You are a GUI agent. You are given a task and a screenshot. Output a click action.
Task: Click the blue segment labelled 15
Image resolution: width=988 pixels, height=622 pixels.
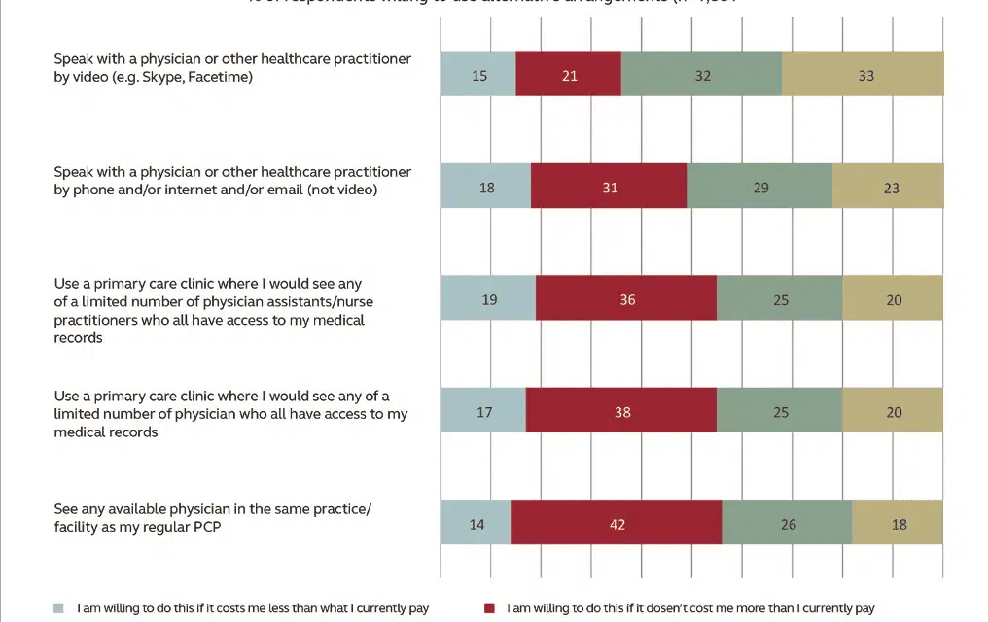pyautogui.click(x=477, y=74)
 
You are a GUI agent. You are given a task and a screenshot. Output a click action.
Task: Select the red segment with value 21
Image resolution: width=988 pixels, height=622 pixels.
pyautogui.click(x=568, y=74)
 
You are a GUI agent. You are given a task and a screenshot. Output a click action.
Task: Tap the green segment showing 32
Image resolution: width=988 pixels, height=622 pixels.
pyautogui.click(x=701, y=74)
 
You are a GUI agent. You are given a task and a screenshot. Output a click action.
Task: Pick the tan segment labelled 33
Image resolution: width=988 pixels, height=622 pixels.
pyautogui.click(x=863, y=74)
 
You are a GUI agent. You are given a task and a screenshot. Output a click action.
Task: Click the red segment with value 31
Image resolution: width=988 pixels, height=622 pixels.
pyautogui.click(x=609, y=186)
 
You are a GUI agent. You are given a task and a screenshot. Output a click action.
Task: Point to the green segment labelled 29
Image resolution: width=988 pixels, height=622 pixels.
pyautogui.click(x=759, y=186)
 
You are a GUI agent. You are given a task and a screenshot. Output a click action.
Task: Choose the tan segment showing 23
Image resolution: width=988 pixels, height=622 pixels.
pyautogui.click(x=888, y=186)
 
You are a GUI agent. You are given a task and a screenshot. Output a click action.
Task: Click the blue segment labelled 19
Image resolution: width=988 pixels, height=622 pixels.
pyautogui.click(x=487, y=298)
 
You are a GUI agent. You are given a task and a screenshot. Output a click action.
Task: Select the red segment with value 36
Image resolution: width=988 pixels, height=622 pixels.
pyautogui.click(x=626, y=298)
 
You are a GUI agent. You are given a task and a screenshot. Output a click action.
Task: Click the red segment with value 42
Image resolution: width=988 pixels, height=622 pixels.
pyautogui.click(x=616, y=523)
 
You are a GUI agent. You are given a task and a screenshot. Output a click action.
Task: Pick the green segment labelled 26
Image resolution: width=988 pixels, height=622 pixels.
pyautogui.click(x=787, y=523)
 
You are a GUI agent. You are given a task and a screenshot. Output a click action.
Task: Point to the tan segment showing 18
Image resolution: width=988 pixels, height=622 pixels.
pyautogui.click(x=898, y=523)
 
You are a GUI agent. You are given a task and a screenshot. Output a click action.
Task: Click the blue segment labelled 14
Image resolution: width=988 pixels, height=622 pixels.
pyautogui.click(x=476, y=523)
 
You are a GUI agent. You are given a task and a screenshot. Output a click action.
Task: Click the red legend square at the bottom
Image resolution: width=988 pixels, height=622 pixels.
pyautogui.click(x=489, y=609)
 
